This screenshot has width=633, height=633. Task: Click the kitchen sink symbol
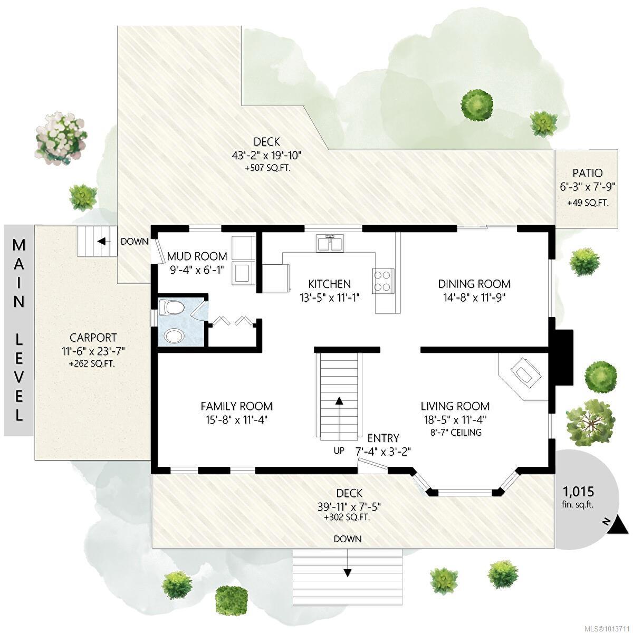tap(330, 243)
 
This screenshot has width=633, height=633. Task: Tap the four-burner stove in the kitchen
tap(383, 281)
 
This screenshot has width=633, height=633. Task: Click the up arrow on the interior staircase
tap(339, 401)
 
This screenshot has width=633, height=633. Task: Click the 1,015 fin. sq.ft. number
tap(578, 492)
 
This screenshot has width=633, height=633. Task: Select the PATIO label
tap(587, 173)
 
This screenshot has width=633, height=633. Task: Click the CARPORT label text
tap(93, 338)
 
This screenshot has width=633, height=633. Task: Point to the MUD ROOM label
tap(197, 256)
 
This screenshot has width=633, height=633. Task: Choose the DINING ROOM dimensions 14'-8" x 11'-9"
tap(474, 298)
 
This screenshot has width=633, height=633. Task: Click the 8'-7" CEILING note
tap(455, 433)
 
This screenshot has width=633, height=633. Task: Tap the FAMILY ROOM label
tap(236, 406)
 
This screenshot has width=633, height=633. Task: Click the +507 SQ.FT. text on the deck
tap(267, 169)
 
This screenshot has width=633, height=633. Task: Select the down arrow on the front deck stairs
tap(347, 572)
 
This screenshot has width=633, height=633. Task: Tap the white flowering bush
tap(62, 137)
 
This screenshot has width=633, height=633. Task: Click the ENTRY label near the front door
tap(383, 438)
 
